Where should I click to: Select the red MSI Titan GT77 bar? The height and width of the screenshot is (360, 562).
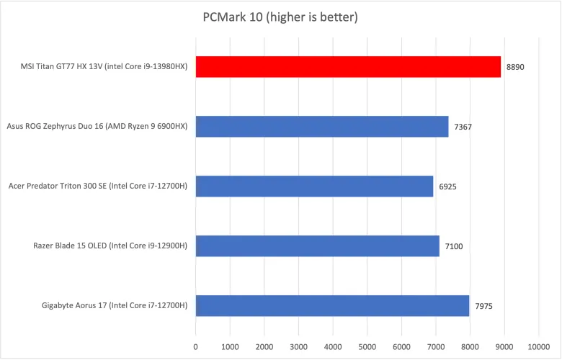348,67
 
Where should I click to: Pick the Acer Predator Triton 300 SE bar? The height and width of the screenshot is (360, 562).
314,186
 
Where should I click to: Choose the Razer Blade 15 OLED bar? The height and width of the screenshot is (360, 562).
317,246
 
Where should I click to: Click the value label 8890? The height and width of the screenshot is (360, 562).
515,67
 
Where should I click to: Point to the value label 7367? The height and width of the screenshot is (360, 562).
463,127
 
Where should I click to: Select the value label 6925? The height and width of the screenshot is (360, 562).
447,186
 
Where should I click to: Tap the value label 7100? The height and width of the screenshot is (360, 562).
453,246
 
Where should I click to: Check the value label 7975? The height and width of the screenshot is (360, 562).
483,305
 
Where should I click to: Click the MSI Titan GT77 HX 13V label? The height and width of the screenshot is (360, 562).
104,67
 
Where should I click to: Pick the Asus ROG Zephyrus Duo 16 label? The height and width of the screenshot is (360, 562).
97,127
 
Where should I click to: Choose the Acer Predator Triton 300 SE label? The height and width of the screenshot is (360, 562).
98,186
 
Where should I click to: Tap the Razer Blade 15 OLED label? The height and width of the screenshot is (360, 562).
110,246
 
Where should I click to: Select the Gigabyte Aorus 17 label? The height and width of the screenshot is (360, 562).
115,305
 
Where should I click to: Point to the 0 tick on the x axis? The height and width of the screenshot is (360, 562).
195,346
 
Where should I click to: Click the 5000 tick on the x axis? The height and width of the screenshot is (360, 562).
367,346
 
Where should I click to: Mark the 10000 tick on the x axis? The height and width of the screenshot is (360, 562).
539,346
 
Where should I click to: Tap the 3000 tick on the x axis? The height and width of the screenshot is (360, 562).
298,346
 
